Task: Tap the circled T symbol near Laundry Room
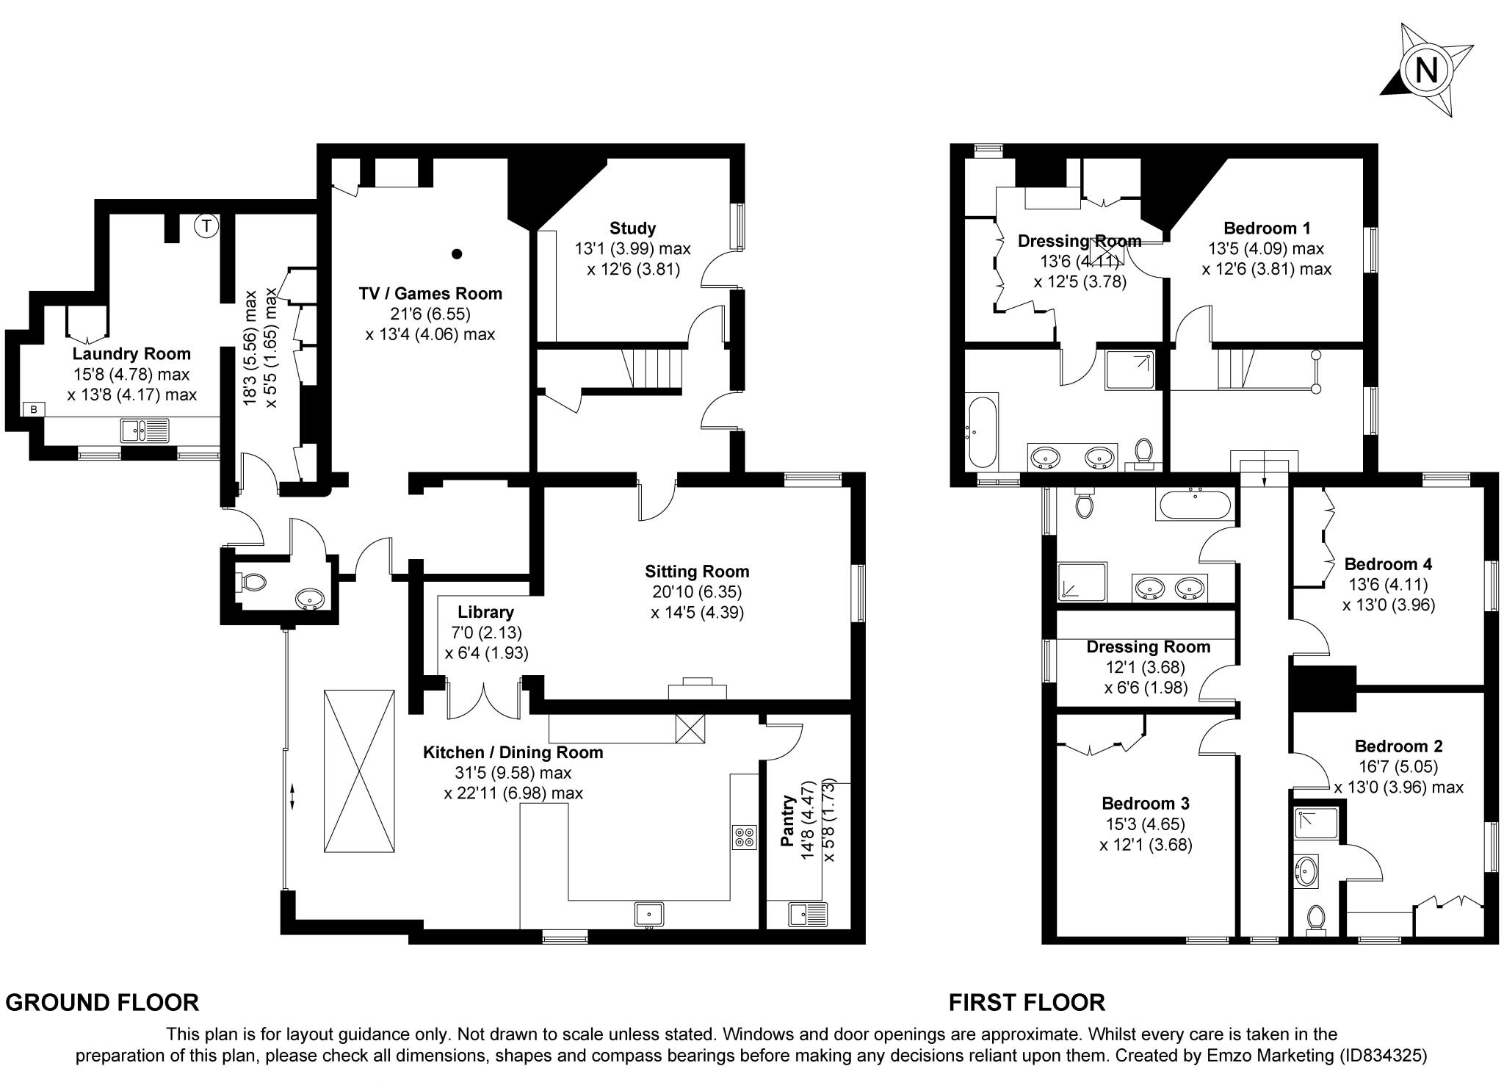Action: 206,226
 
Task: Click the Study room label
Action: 632,228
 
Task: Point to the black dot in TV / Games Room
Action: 457,254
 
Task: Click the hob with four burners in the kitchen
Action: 744,837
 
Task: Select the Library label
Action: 485,612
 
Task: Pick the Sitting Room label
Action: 697,571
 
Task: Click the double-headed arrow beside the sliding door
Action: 292,797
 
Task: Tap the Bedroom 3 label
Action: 1145,803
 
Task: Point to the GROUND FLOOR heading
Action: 102,1003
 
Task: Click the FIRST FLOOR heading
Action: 1027,1003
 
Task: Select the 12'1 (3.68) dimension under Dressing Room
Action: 1146,668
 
